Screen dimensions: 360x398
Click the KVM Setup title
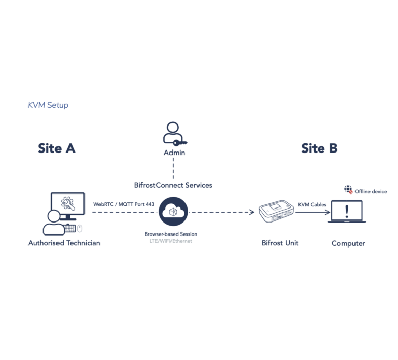48,105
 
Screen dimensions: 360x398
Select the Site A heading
56,148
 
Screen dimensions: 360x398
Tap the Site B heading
319,148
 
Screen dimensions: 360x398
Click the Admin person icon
173,133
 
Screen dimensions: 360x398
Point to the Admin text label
174,153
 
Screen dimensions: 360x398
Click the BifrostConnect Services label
173,185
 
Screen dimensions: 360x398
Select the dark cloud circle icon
173,212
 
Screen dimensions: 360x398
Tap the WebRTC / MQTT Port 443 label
124,204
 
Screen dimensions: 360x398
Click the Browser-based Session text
170,234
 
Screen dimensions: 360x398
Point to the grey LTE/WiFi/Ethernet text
170,241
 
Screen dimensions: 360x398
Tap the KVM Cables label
312,205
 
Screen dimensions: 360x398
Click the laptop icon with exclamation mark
347,212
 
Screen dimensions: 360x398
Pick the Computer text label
348,243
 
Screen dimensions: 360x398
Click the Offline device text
371,192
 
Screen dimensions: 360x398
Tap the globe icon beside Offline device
348,190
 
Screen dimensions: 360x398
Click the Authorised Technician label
64,243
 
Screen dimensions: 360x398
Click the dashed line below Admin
173,168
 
